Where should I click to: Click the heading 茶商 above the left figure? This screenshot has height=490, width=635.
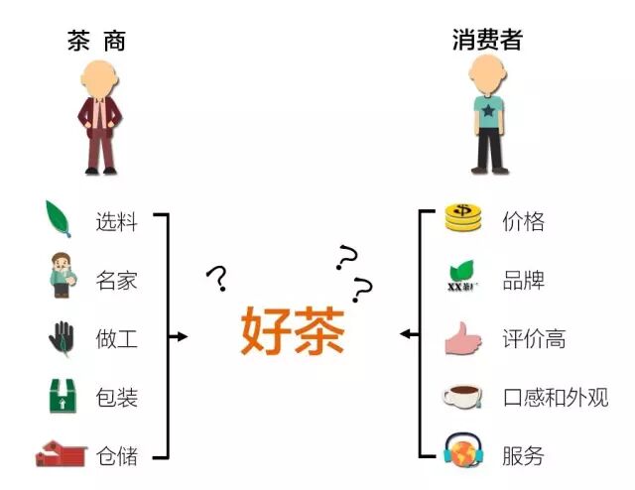[x=97, y=41]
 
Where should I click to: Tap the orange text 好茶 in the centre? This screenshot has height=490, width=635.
[x=292, y=332]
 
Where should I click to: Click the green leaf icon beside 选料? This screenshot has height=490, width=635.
[x=61, y=217]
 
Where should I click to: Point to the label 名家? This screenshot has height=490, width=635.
[x=116, y=280]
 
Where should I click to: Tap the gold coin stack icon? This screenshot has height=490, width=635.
[x=462, y=218]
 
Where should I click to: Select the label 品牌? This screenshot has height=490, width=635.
[x=523, y=280]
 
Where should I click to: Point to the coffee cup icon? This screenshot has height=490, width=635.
[x=462, y=397]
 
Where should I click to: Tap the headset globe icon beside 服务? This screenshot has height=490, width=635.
[x=462, y=453]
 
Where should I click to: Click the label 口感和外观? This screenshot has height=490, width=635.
[x=555, y=398]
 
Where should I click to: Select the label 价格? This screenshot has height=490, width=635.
[x=523, y=220]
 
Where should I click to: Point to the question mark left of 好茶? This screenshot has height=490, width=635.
[x=216, y=279]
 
